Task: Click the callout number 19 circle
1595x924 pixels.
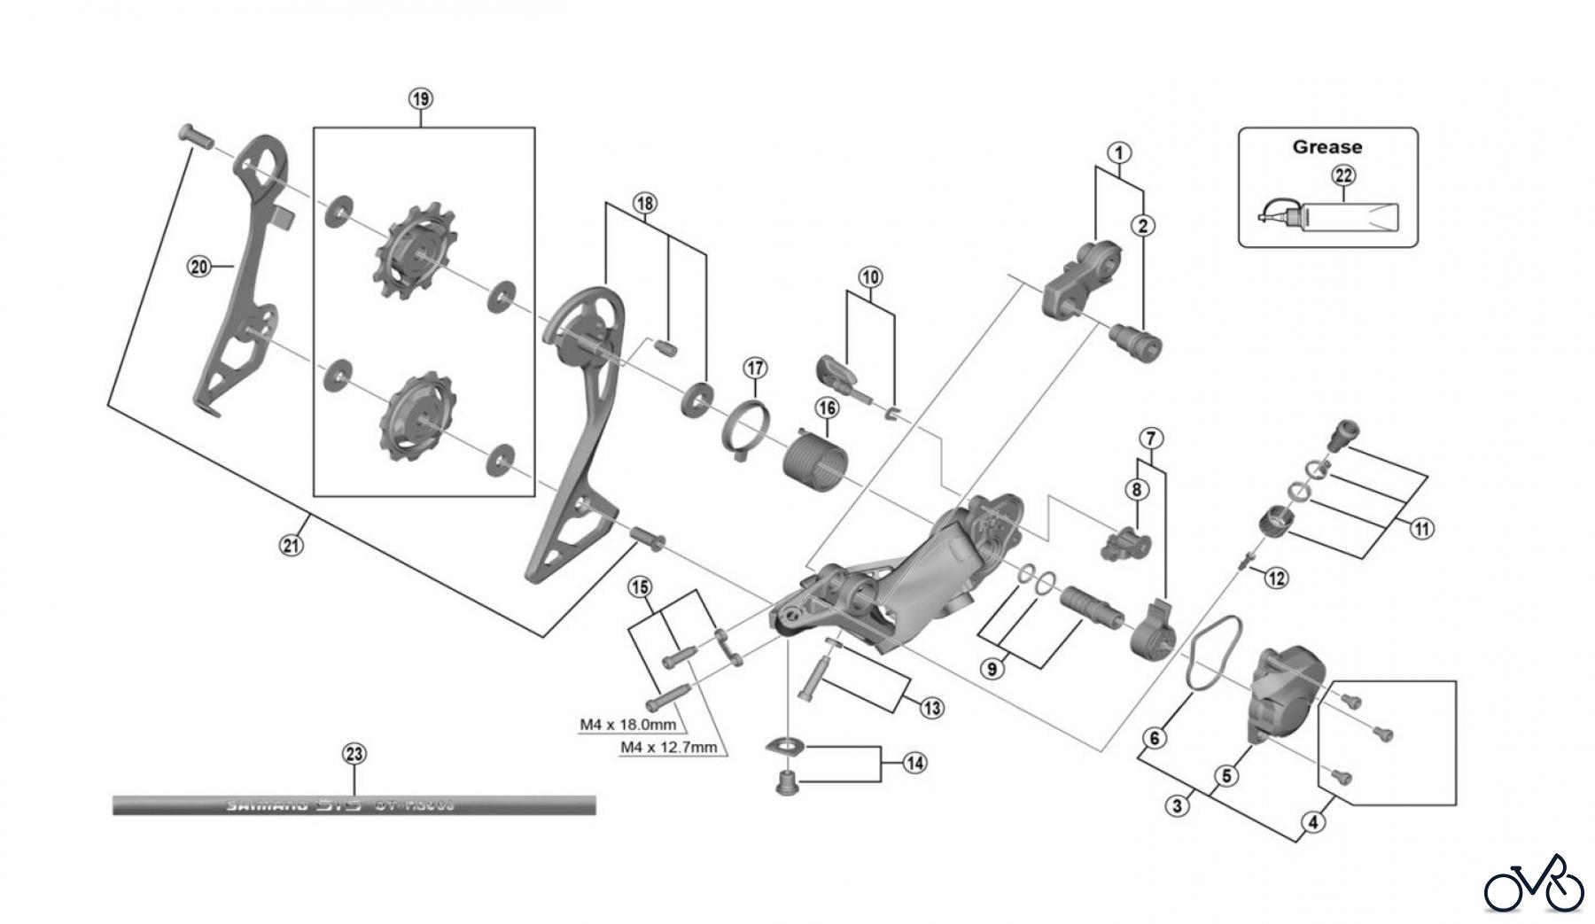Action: [x=421, y=98]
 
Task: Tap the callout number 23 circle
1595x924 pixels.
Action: [x=354, y=754]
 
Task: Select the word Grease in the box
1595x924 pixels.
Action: [x=1327, y=147]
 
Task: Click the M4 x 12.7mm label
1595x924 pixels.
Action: [x=668, y=747]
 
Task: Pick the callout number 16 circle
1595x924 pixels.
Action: [x=827, y=408]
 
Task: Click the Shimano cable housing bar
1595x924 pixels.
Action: [x=354, y=805]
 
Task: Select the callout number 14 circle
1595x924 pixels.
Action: [x=914, y=762]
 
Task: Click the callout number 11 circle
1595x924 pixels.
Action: [x=1421, y=530]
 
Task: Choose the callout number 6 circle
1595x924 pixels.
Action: [x=1155, y=737]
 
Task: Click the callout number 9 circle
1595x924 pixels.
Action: [x=993, y=669]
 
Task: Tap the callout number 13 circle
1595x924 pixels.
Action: [x=931, y=708]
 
